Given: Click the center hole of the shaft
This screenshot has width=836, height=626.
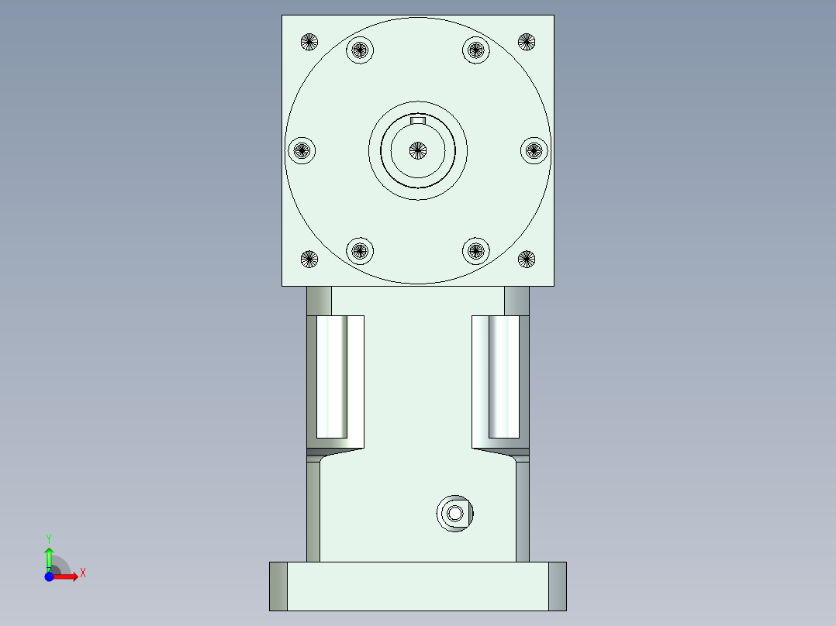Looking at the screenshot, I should pos(418,150).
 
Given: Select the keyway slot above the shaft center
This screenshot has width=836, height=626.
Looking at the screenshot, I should pos(418,121).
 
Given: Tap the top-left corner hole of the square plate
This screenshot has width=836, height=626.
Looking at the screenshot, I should pos(309,42).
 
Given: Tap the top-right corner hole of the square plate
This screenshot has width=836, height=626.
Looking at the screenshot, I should pos(527,42).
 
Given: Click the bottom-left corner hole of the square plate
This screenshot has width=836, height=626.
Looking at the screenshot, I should pos(309,259).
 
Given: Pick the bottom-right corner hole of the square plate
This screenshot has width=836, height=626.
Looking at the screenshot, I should pos(527,259).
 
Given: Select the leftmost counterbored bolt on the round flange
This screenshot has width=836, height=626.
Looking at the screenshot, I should pos(302,150).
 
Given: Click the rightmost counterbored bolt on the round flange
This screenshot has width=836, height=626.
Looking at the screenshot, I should pos(534,150).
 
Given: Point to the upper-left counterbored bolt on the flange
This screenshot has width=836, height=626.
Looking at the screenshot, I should pos(360,50).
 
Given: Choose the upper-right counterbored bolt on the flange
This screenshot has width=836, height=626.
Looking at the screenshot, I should pos(476,50).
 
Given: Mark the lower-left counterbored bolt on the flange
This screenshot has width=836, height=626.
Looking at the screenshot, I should pos(360,251).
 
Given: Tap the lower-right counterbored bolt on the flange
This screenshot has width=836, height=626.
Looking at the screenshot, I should pos(476,251).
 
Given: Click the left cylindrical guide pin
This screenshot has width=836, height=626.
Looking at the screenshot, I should pos(332,378).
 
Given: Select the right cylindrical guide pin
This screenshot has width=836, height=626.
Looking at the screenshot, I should pos(503,378).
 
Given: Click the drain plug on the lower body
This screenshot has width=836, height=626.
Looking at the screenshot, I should pos(455,513).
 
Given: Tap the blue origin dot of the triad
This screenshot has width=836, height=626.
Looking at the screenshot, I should pos(49,576).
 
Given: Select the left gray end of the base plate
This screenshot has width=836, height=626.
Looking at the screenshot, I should pos(278,586).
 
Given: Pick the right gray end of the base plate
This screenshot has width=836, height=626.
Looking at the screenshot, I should pos(558,586).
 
